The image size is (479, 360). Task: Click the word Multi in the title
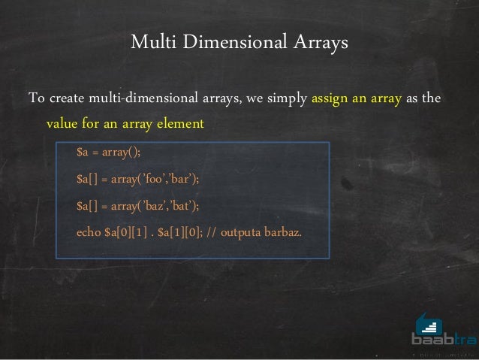pyautogui.click(x=149, y=42)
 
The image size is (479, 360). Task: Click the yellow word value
pyautogui.click(x=62, y=123)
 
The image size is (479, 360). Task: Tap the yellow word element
pyautogui.click(x=179, y=123)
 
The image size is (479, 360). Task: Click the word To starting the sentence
pyautogui.click(x=36, y=98)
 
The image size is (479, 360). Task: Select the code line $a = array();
pyautogui.click(x=108, y=153)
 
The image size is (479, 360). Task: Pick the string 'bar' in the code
pyautogui.click(x=182, y=180)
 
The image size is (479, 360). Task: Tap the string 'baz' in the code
pyautogui.click(x=154, y=205)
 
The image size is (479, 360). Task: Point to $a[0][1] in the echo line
pyautogui.click(x=125, y=231)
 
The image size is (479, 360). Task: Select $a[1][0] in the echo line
pyautogui.click(x=179, y=231)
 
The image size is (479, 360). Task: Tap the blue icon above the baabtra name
pyautogui.click(x=429, y=323)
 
